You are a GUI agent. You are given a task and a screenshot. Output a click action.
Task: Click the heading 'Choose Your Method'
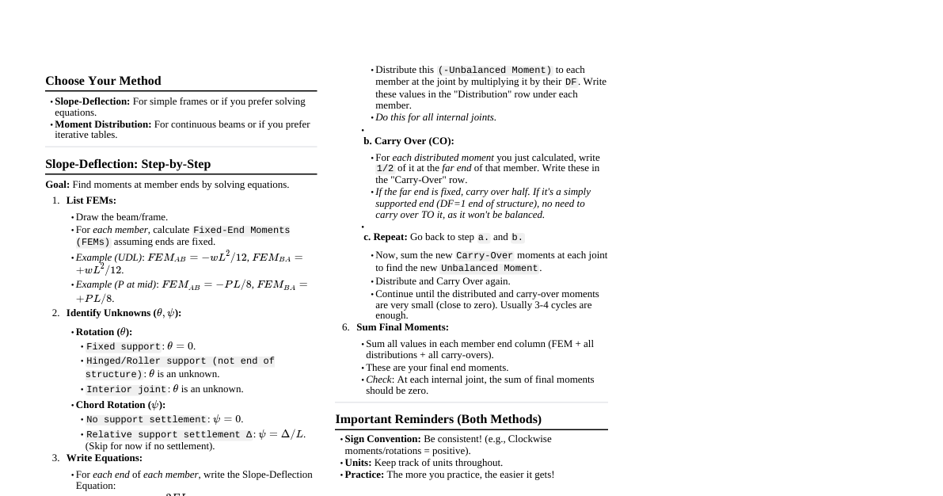click(x=103, y=81)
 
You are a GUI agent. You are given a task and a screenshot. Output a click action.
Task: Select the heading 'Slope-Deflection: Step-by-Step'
click(x=127, y=164)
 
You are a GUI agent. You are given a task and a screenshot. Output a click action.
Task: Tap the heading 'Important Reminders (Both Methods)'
click(x=438, y=419)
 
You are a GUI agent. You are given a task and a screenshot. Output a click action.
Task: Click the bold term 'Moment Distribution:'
click(x=103, y=124)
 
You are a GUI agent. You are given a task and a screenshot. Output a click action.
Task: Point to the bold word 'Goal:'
click(x=58, y=185)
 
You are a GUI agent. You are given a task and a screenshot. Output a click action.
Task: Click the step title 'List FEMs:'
click(x=91, y=200)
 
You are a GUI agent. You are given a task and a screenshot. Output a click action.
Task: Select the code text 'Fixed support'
click(x=124, y=347)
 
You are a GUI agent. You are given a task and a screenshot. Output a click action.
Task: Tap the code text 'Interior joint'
click(x=127, y=390)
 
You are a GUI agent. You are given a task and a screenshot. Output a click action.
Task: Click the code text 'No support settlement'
click(x=146, y=420)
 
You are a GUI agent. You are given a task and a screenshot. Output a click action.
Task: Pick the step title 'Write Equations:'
click(x=104, y=458)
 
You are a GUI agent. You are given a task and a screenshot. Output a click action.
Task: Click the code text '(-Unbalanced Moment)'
click(x=495, y=71)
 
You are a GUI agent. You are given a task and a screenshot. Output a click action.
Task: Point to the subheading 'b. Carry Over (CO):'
click(x=409, y=141)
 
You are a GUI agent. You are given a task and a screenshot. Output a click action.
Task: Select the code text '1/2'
click(x=385, y=169)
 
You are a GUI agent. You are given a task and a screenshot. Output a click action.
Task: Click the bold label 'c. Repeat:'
click(x=386, y=237)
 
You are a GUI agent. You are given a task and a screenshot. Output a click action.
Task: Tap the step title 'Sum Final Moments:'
click(x=402, y=327)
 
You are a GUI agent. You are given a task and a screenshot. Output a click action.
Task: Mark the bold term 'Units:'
click(x=358, y=463)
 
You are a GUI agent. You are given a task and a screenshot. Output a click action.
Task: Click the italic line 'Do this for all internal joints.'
click(x=435, y=117)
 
